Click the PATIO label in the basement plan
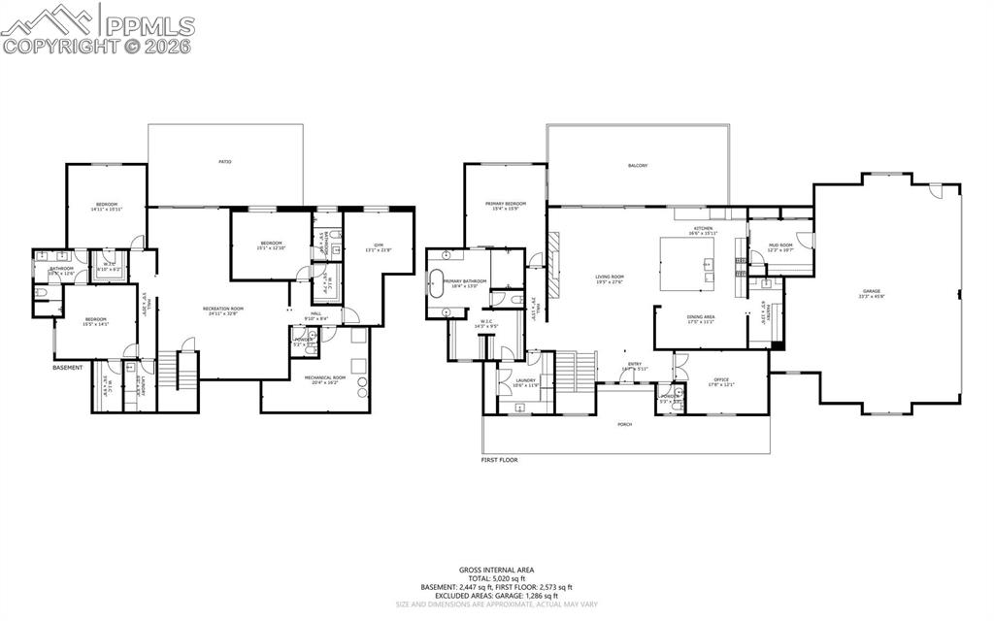click(x=224, y=161)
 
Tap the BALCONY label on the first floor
click(x=637, y=166)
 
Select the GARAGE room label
click(x=871, y=291)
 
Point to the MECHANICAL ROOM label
click(x=324, y=377)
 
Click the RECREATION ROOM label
click(x=222, y=310)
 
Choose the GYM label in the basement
click(x=378, y=245)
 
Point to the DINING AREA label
click(x=700, y=317)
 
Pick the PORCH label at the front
click(x=625, y=424)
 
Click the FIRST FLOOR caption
click(x=499, y=460)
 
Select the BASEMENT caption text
click(x=67, y=368)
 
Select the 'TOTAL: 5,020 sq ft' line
click(x=496, y=578)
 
